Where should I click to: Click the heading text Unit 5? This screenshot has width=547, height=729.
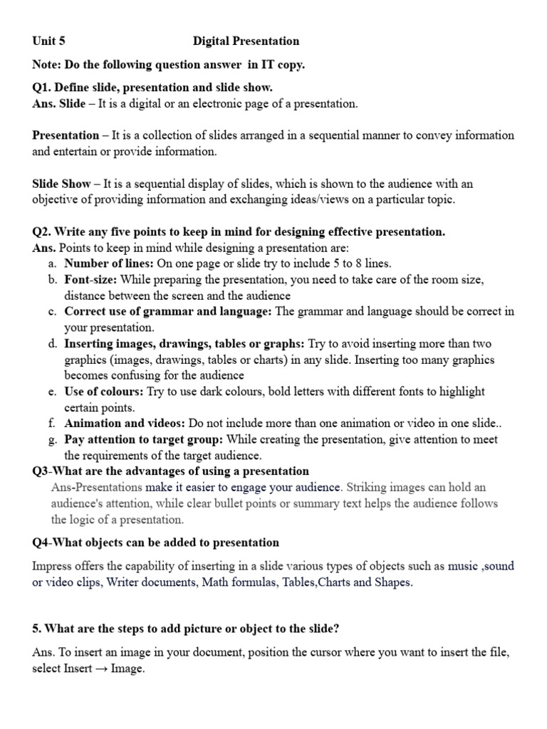click(48, 41)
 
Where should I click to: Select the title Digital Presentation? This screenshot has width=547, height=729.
click(246, 41)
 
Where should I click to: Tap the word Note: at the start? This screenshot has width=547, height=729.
click(47, 65)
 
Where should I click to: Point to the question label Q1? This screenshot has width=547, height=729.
click(42, 88)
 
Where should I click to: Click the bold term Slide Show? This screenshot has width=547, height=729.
click(61, 184)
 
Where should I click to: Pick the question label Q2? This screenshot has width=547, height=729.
click(42, 231)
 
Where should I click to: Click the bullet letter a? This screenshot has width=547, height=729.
click(53, 263)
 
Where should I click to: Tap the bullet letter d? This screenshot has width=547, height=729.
click(53, 344)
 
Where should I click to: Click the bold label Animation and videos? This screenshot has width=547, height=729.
click(125, 423)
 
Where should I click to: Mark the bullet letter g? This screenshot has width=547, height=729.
click(53, 439)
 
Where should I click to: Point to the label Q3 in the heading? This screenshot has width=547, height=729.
click(41, 471)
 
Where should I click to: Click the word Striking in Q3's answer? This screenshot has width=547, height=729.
click(368, 488)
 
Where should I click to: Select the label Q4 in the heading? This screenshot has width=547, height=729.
click(41, 542)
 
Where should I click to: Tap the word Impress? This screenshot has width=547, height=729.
click(53, 567)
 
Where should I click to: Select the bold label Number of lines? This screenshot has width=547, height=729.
click(109, 263)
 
